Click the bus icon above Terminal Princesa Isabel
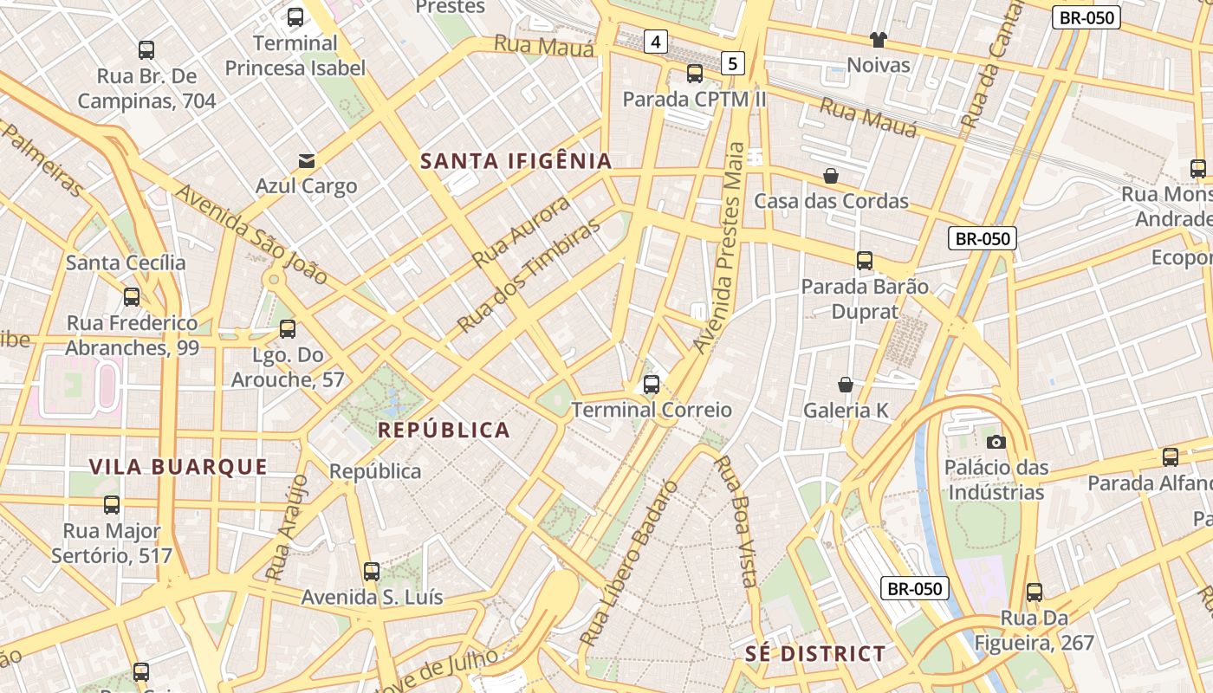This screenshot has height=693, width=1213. click(295, 16)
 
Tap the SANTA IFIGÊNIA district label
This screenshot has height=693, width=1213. click(516, 160)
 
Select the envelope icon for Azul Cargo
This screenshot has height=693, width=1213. click(306, 160)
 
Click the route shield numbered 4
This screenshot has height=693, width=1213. click(656, 41)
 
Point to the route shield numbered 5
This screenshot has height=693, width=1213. click(733, 62)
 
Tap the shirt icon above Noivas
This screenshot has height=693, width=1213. click(879, 39)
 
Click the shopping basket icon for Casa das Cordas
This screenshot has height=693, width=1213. click(831, 176)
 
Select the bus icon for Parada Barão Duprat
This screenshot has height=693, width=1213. click(864, 260)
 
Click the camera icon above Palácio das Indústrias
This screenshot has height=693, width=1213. click(996, 442)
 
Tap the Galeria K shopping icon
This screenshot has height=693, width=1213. click(846, 385)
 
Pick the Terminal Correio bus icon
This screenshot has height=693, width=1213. click(652, 384)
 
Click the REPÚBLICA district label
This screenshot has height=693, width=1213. click(444, 430)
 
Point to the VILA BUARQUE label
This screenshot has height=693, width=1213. click(178, 467)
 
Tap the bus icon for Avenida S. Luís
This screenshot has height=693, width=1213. click(372, 571)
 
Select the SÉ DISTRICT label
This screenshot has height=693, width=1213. click(815, 654)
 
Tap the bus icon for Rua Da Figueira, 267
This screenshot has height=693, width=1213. click(1034, 593)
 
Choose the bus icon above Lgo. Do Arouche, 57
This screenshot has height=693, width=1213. click(288, 329)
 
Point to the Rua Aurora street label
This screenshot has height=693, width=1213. click(522, 231)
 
